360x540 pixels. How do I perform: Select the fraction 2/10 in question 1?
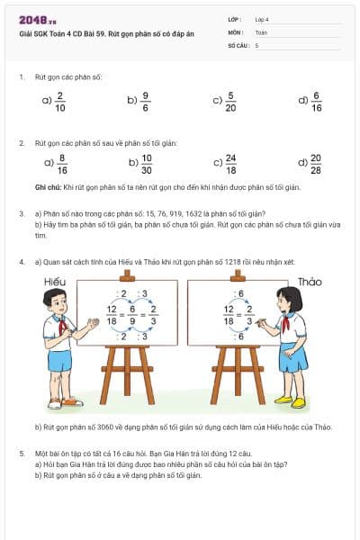60,101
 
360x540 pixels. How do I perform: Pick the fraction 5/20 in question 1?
230,101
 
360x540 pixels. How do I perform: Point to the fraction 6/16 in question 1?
316,101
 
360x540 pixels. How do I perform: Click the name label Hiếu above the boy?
55,282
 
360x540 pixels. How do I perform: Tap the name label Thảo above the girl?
310,282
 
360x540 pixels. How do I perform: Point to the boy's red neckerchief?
61,326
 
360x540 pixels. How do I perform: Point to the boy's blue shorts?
60,361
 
